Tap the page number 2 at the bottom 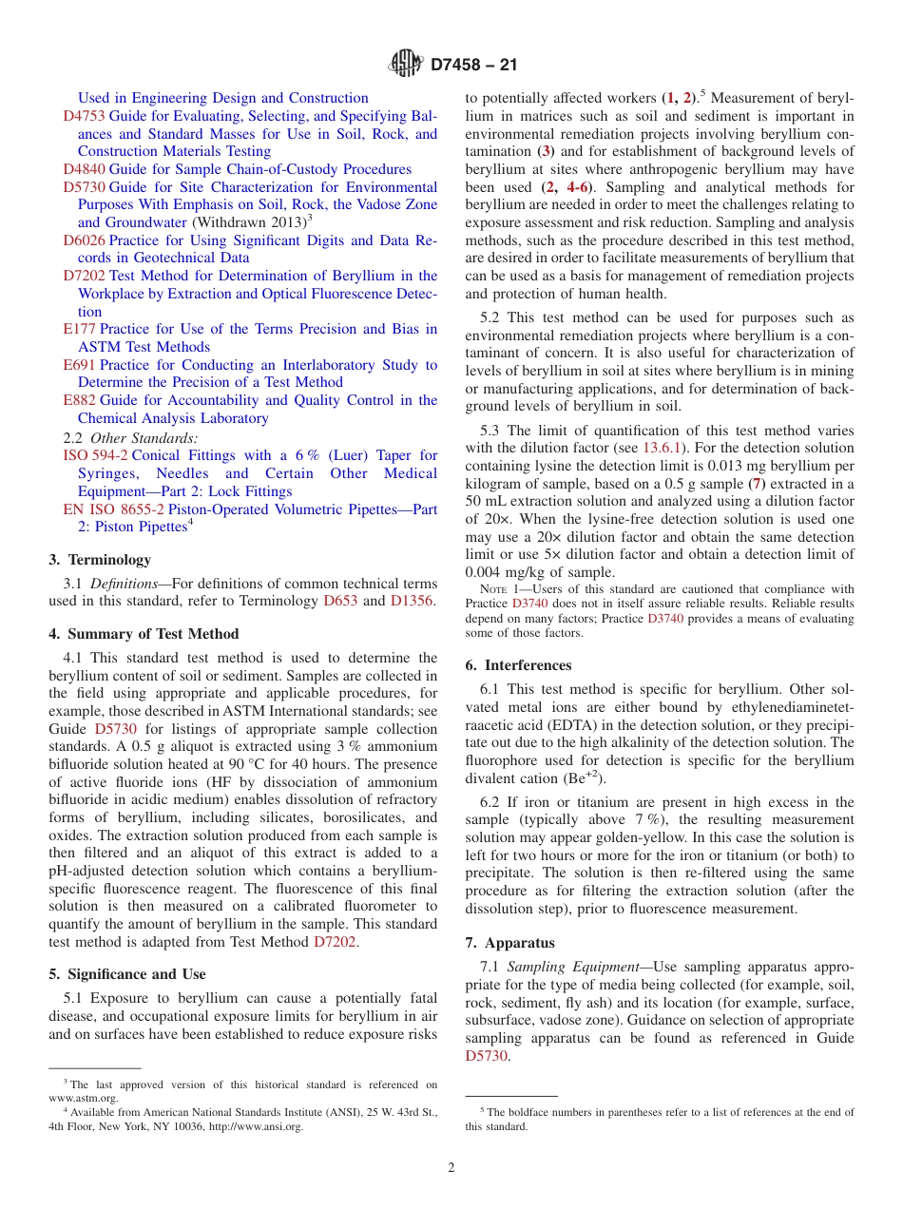451,1168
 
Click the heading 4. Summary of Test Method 144,634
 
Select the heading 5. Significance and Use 127,974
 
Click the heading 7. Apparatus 510,943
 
